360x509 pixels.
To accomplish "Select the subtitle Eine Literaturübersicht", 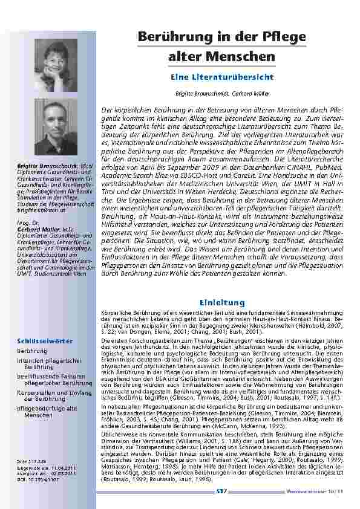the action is pos(222,77).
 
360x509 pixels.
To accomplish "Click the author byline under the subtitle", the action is pos(222,95).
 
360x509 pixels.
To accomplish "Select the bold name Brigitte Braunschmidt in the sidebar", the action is pos(41,164).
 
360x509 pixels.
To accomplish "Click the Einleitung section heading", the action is pos(222,302).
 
